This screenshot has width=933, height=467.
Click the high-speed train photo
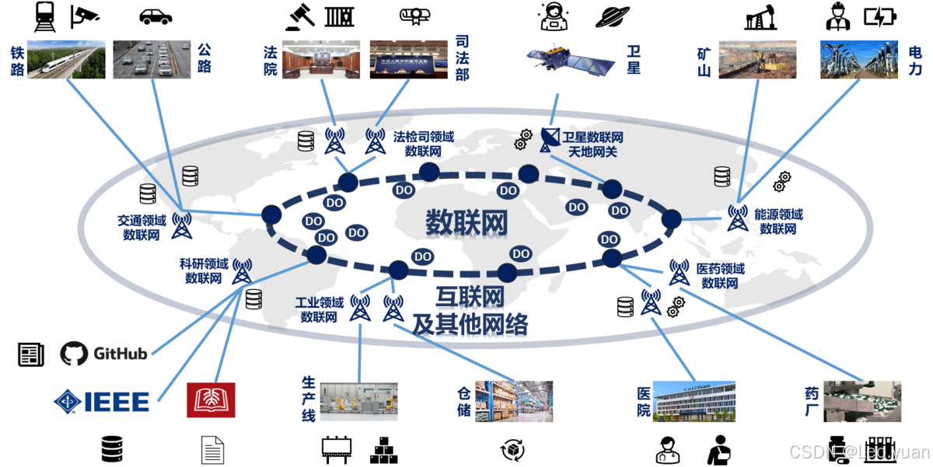pos(66,60)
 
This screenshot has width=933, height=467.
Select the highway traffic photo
pos(151,59)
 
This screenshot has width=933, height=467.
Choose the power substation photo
pos(859,60)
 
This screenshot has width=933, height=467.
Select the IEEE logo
pos(102,401)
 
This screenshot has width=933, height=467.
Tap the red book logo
pos(211,401)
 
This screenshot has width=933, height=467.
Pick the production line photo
pos(358,401)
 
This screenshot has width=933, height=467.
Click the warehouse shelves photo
pos(514,401)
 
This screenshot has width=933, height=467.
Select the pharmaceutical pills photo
pos(862,401)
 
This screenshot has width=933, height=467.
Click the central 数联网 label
pos(466,223)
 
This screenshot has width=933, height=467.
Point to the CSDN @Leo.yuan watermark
pos(858,451)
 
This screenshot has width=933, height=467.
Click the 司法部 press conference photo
pos(408,59)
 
